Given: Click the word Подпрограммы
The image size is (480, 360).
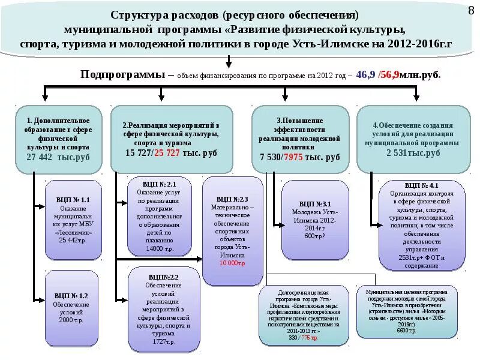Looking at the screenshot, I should [123, 75].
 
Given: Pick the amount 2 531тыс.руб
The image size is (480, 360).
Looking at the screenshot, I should [413, 153].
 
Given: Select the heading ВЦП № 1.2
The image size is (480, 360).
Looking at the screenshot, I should [71, 296].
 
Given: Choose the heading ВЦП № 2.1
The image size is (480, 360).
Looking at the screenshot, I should [159, 184].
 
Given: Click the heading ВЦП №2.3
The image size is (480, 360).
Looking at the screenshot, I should [232, 199].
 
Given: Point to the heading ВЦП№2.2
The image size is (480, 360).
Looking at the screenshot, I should [163, 277].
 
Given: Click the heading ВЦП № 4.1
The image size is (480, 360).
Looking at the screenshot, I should [422, 186].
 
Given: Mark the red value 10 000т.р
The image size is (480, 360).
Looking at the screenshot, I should [232, 263].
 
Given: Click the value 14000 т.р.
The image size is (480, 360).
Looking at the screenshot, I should [160, 248].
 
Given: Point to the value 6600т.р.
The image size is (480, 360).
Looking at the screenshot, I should [406, 331].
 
